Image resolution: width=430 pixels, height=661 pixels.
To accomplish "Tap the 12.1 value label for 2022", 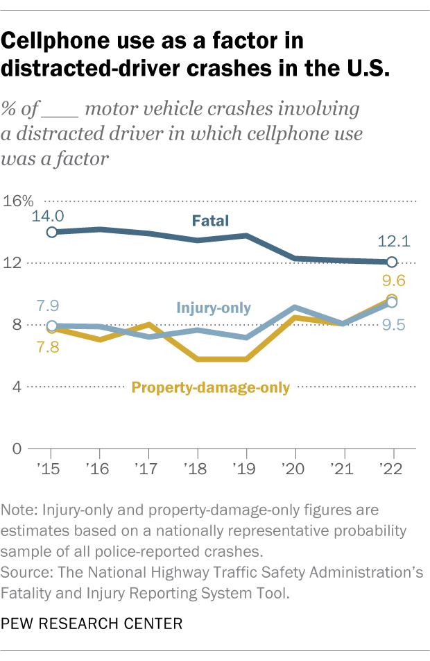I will coord(392,242).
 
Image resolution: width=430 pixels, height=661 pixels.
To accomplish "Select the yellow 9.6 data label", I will coord(393,281).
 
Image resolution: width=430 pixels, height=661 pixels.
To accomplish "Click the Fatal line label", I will coord(211,221).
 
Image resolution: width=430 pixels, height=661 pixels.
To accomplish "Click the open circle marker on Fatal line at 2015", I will coord(52,232).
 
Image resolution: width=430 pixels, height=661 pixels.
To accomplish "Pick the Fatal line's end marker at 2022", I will coord(392,262).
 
